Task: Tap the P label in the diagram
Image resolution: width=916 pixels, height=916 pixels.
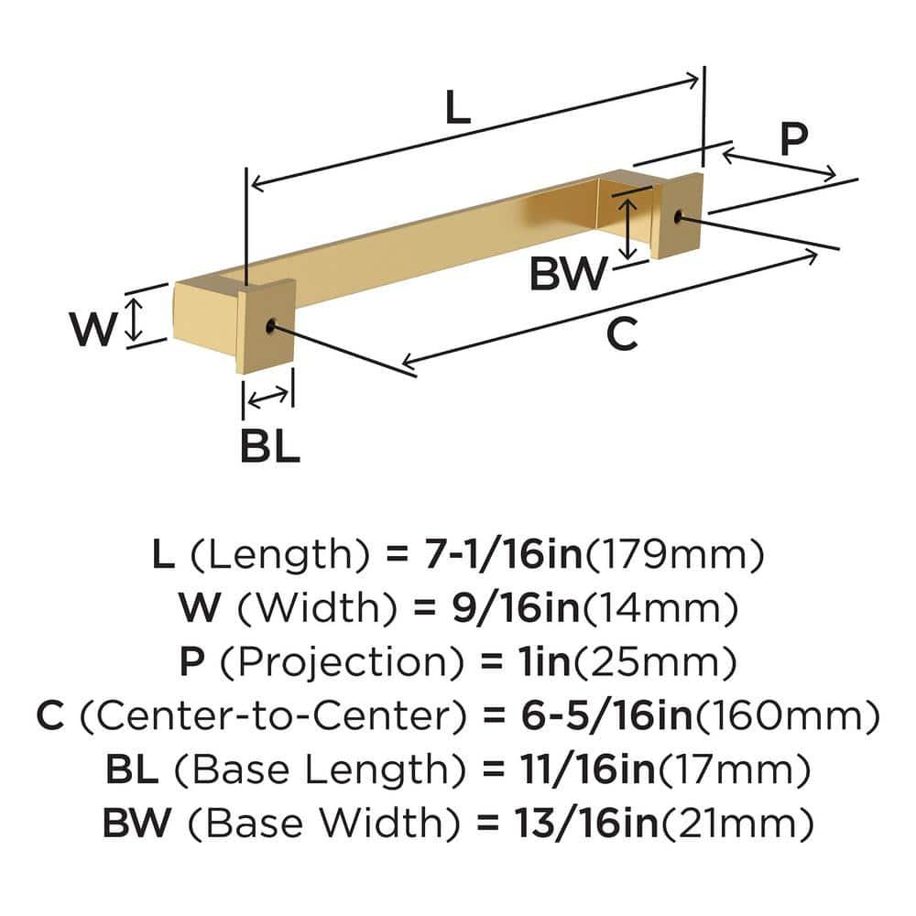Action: [x=793, y=139]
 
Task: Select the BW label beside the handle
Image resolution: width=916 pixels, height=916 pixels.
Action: [x=568, y=273]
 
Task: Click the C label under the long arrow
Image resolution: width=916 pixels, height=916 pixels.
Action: [x=622, y=335]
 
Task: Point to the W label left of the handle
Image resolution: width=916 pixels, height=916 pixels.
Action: [x=95, y=329]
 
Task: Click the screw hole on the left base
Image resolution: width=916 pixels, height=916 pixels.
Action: [x=270, y=325]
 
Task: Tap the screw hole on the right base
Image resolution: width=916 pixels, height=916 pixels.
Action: [x=679, y=217]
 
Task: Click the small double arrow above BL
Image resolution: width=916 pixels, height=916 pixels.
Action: [x=267, y=397]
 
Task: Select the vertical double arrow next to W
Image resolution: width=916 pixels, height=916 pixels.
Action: [x=135, y=320]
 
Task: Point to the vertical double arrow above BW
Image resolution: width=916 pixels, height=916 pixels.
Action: [x=627, y=228]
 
